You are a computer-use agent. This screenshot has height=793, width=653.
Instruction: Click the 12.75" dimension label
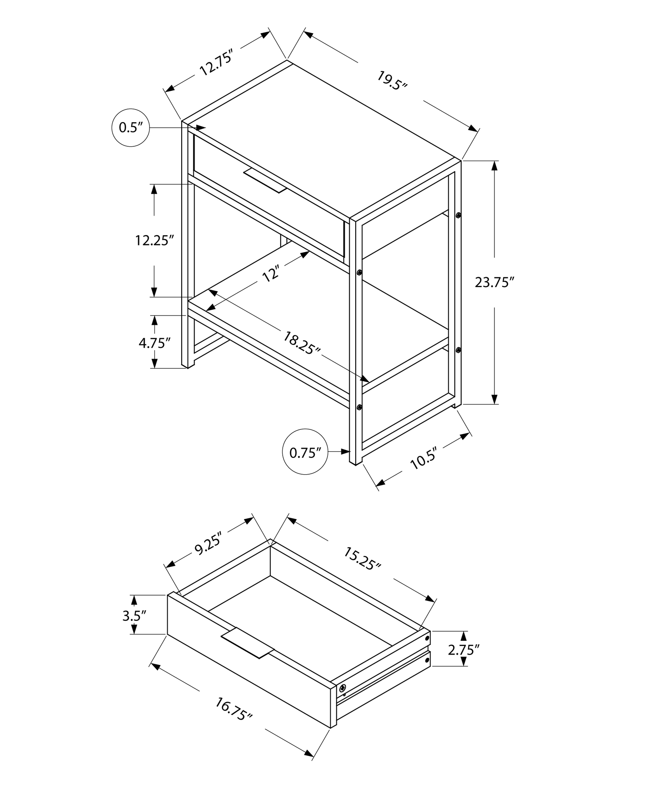(215, 62)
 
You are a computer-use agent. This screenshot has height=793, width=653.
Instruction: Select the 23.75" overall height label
(494, 282)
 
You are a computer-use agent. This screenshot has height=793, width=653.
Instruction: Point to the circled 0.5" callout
(131, 128)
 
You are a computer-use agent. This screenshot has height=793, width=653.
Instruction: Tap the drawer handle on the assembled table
(265, 180)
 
